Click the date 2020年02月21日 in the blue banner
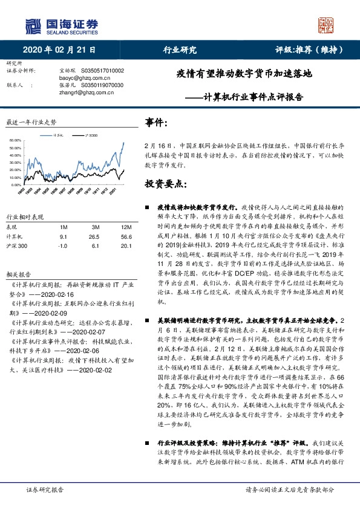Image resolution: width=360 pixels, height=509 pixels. point(59,50)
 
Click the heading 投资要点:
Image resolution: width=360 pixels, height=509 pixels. point(165,183)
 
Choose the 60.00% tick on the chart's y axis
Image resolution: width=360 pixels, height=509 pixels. point(15,140)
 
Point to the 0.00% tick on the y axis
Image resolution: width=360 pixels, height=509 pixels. point(16,184)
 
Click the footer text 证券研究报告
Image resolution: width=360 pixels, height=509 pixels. point(46,490)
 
